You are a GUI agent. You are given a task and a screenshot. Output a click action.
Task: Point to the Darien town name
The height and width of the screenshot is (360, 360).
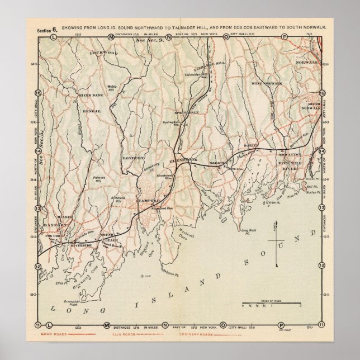[250, 145]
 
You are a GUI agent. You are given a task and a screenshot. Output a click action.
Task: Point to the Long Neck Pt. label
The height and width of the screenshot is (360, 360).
[248, 231]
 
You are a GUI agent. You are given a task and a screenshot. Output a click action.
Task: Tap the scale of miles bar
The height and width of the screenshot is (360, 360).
[272, 305]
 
